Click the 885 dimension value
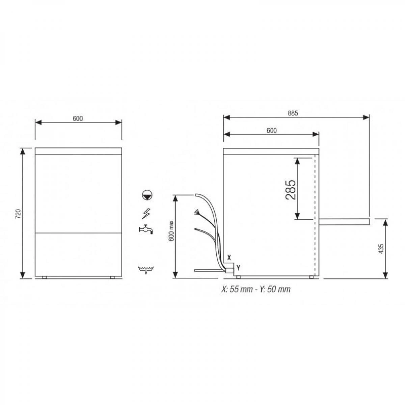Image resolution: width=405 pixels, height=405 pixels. [x=293, y=114]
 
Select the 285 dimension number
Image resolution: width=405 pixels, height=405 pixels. [x=291, y=189]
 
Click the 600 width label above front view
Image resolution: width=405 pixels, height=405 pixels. [x=78, y=118]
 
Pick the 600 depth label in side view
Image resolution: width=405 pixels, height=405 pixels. [x=271, y=131]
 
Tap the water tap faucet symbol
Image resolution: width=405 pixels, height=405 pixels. [x=146, y=229]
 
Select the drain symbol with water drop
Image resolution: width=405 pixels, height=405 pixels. [x=146, y=270]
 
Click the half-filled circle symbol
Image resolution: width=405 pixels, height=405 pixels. [x=147, y=195]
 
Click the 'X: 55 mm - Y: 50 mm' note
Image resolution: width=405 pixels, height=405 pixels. [x=255, y=289]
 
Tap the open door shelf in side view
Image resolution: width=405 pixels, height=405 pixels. [x=344, y=221]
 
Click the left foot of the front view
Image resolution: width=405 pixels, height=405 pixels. [x=45, y=277]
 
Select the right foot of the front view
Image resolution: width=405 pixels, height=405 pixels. [x=112, y=277]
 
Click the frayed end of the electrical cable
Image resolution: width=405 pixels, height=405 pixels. [x=196, y=213]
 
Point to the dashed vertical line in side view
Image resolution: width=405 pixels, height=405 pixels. [x=315, y=216]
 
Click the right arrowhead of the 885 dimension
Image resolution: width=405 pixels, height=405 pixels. [x=366, y=117]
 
